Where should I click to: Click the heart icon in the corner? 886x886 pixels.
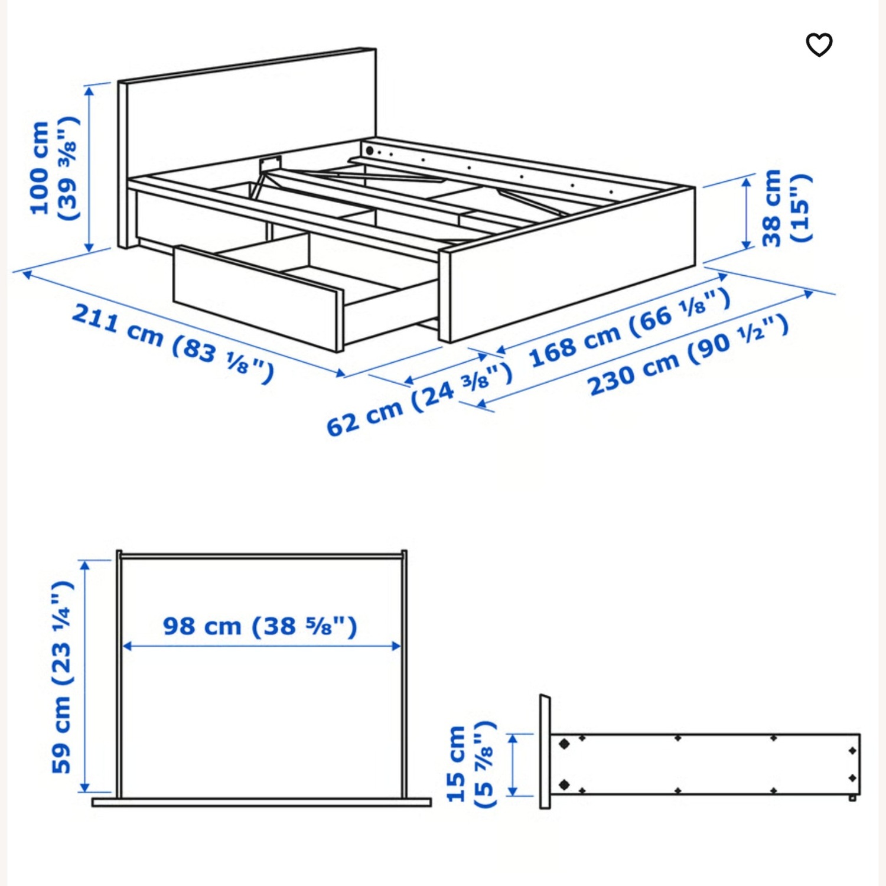(x=819, y=45)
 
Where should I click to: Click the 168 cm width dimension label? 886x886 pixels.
(x=630, y=328)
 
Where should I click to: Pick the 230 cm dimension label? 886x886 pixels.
(x=688, y=355)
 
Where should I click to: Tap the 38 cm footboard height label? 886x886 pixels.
(x=786, y=208)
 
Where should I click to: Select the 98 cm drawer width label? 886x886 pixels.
(x=260, y=626)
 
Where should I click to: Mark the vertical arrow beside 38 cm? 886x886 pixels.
(x=747, y=213)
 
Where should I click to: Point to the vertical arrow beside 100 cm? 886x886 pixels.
(x=89, y=168)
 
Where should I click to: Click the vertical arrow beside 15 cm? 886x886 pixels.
(x=513, y=765)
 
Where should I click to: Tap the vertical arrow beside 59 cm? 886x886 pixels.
(x=85, y=676)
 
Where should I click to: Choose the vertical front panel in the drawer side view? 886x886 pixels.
(x=545, y=751)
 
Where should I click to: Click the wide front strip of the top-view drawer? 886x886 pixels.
(x=262, y=802)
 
